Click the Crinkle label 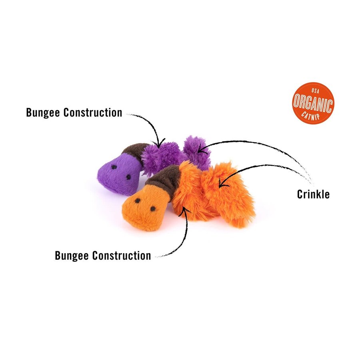[x=313, y=194]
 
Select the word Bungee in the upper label [x=43, y=112]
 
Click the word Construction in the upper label [x=93, y=112]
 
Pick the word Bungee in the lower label [x=72, y=255]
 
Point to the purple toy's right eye [x=128, y=176]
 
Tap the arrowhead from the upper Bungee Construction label [x=159, y=143]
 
